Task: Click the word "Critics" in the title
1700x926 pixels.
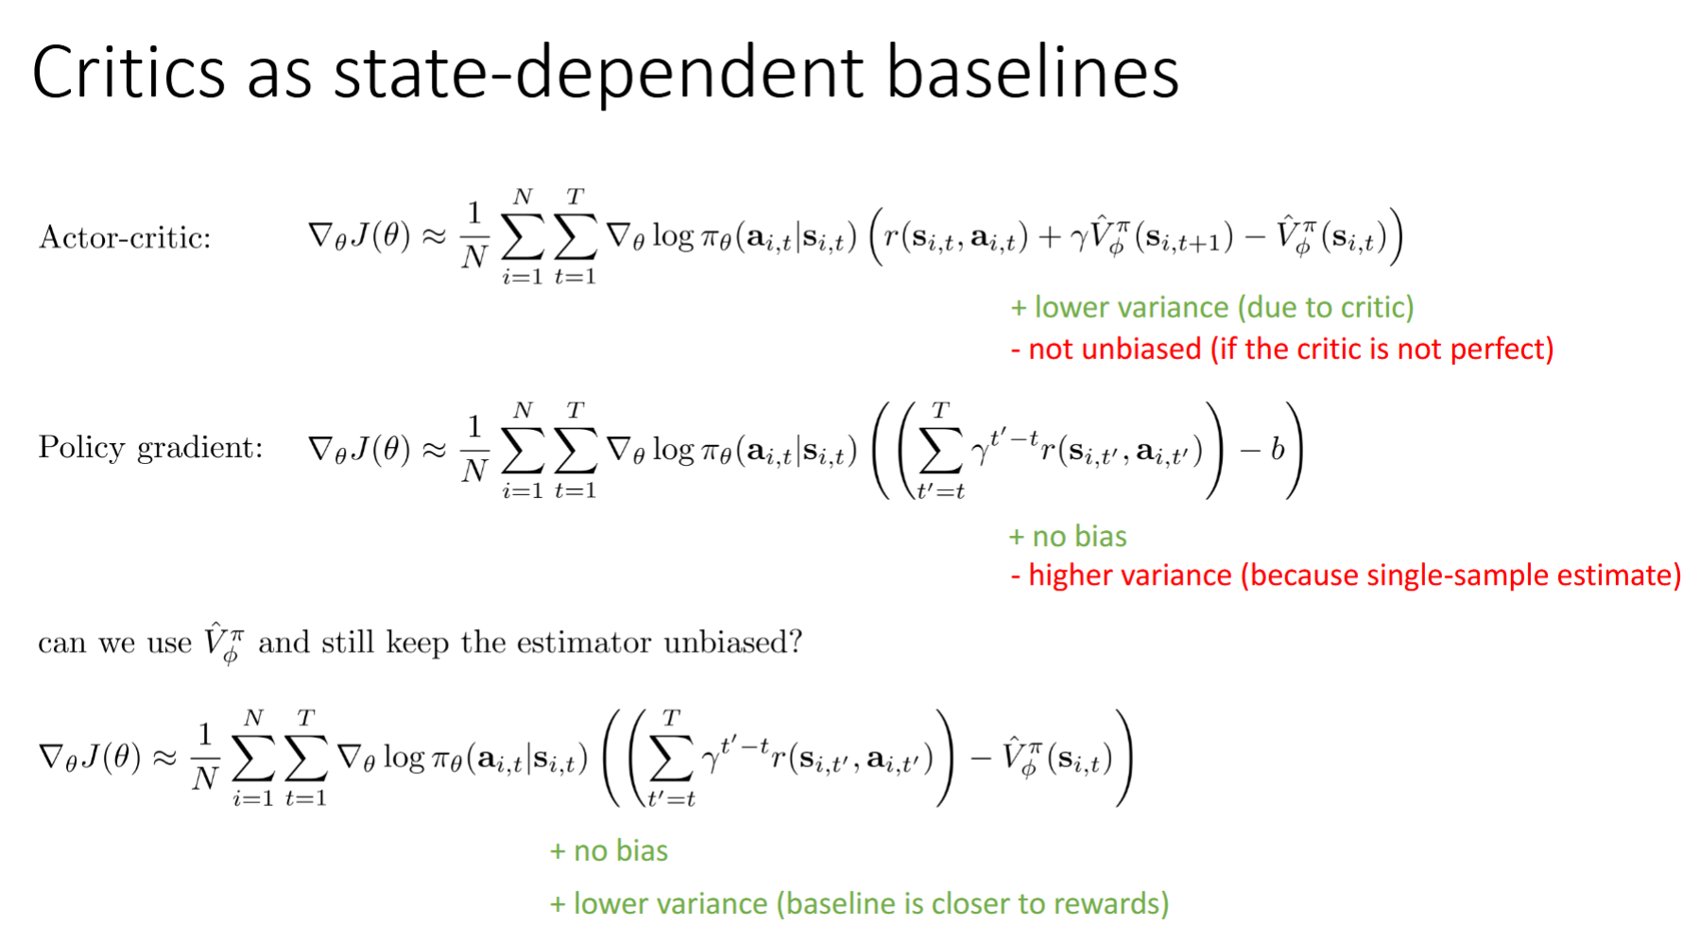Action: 129,72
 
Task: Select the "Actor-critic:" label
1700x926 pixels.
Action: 124,237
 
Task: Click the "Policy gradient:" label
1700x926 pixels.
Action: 150,447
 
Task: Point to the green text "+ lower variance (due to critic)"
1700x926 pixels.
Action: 1212,307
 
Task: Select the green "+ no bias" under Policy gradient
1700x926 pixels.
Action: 1068,536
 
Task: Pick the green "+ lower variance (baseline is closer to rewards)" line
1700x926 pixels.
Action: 859,903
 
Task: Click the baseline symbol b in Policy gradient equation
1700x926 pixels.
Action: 1278,449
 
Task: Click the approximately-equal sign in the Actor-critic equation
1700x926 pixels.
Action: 433,236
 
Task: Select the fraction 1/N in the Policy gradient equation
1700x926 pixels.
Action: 474,448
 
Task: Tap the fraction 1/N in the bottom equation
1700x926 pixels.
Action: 205,756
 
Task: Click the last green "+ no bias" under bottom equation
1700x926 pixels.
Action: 609,850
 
